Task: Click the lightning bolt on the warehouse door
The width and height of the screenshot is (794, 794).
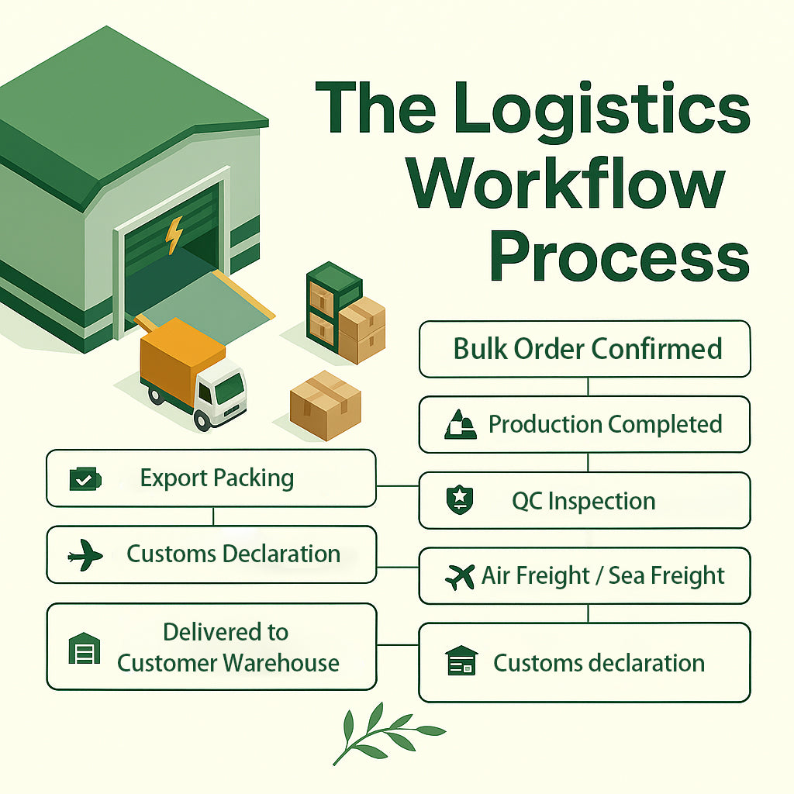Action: point(174,235)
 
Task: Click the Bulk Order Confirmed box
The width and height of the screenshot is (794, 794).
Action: point(585,349)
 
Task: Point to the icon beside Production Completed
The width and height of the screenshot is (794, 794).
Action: point(460,425)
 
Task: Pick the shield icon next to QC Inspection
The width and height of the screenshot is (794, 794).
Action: point(458,500)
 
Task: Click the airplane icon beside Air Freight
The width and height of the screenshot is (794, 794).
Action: point(460,576)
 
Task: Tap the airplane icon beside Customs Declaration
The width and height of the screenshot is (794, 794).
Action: point(85,555)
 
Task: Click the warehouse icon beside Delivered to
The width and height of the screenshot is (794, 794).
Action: point(85,648)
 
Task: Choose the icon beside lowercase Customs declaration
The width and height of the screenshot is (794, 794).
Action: point(461,662)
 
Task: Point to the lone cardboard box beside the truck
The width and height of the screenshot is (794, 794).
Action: point(326,406)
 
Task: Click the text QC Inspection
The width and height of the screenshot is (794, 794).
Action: point(583,501)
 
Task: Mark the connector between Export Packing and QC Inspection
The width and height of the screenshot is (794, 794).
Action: point(397,487)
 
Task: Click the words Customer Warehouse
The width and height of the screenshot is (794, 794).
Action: point(228,663)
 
